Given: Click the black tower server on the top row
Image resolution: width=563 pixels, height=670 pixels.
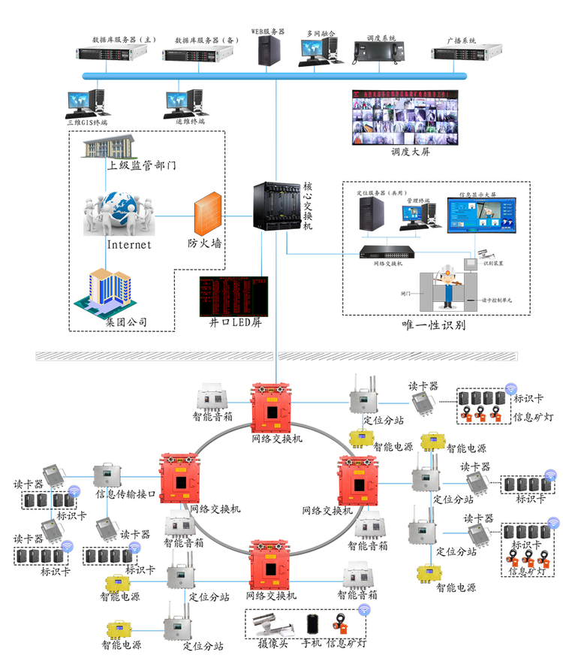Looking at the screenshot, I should (x=269, y=52).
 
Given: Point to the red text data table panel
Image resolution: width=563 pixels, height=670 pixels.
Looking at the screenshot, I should (x=233, y=296).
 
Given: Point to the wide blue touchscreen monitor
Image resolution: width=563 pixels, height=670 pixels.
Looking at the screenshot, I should (x=481, y=216).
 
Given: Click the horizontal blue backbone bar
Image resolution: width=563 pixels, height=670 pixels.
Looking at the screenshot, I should (x=274, y=76).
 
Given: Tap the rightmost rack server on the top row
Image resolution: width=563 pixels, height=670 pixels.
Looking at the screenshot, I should (x=465, y=53).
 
